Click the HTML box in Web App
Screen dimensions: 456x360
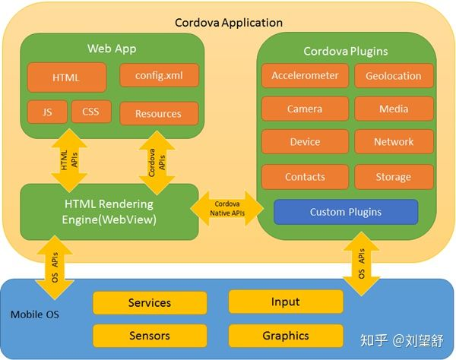pyautogui.click(x=67, y=77)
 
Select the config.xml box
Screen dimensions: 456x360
pyautogui.click(x=159, y=75)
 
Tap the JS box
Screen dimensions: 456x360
pyautogui.click(x=47, y=112)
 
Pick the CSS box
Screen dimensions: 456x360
pyautogui.click(x=91, y=112)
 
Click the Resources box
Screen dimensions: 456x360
pyautogui.click(x=159, y=114)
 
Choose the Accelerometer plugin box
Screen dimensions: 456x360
pyautogui.click(x=305, y=76)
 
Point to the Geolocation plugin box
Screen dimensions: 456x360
pyautogui.click(x=394, y=76)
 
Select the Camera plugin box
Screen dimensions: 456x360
pyautogui.click(x=305, y=109)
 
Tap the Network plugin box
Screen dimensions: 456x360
pyautogui.click(x=394, y=142)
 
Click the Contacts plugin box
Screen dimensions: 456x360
pyautogui.click(x=305, y=177)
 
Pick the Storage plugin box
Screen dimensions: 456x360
pyautogui.click(x=394, y=177)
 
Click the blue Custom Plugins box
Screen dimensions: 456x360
pyautogui.click(x=346, y=212)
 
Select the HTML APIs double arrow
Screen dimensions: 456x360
pyautogui.click(x=69, y=160)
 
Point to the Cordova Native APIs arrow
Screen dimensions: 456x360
pyautogui.click(x=226, y=208)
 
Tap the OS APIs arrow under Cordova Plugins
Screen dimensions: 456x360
pyautogui.click(x=362, y=264)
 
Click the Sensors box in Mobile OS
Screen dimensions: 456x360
pyautogui.click(x=150, y=336)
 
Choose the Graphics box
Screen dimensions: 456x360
pyautogui.click(x=286, y=336)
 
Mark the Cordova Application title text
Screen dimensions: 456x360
pyautogui.click(x=229, y=23)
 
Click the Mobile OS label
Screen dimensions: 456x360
pyautogui.click(x=35, y=314)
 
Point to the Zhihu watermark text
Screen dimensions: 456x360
pyautogui.click(x=402, y=340)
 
